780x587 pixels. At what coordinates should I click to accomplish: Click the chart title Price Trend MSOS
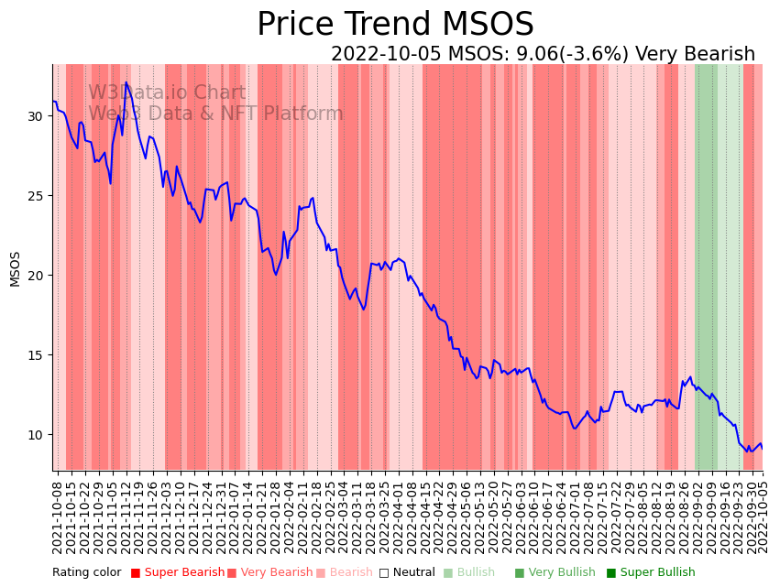(x=395, y=25)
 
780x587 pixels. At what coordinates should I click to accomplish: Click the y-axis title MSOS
(x=15, y=268)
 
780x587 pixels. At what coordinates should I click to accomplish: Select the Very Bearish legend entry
(x=277, y=573)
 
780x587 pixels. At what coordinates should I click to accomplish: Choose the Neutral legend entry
(x=413, y=573)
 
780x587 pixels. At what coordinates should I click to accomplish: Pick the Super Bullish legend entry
(x=657, y=573)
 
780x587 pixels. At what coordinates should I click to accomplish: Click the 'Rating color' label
(x=86, y=573)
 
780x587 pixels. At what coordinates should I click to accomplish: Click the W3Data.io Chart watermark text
(x=167, y=93)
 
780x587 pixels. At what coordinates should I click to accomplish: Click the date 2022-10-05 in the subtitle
(x=386, y=55)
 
